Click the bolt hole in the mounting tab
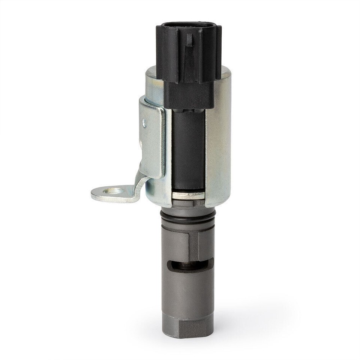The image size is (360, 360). point(113,191)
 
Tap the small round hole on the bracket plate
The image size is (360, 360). point(144,122)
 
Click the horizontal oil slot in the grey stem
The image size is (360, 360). point(190,265)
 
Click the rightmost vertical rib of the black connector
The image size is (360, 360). point(217,52)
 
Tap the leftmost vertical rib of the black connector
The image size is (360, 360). point(162,52)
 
